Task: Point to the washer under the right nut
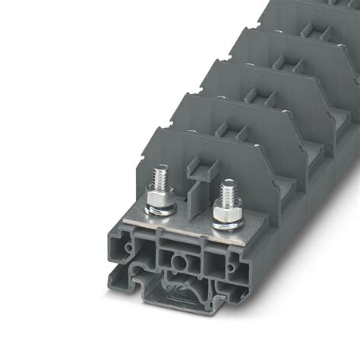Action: point(226,226)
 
